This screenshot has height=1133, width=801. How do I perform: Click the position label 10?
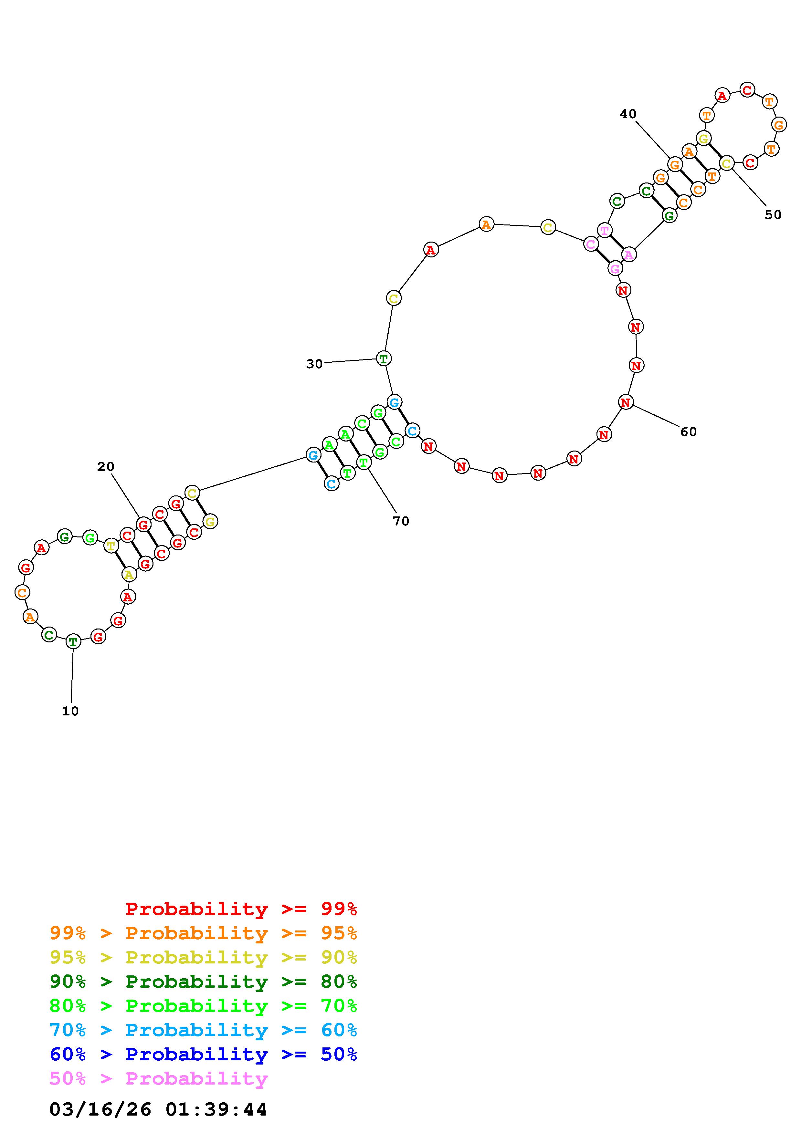pos(70,711)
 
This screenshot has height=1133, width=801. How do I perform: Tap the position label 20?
pos(106,466)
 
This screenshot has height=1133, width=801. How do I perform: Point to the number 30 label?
pos(314,364)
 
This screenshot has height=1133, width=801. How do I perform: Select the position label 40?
pos(628,114)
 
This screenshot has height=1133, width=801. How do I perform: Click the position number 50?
pos(773,215)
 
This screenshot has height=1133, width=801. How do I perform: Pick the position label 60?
pos(689,432)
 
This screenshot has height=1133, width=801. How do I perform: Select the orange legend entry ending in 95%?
pos(203,933)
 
